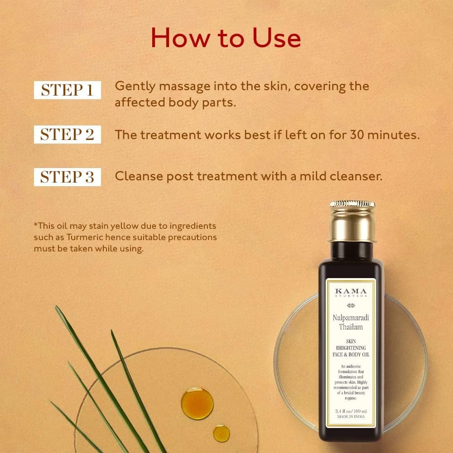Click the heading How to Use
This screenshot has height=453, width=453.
(226, 38)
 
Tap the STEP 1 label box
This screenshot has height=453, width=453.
(67, 90)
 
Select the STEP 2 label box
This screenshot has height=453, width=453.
(67, 135)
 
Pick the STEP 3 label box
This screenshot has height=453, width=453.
(67, 177)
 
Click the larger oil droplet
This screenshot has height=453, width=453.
(197, 403)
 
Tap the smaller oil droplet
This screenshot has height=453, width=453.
(222, 433)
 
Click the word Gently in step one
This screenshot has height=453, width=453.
(132, 86)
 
